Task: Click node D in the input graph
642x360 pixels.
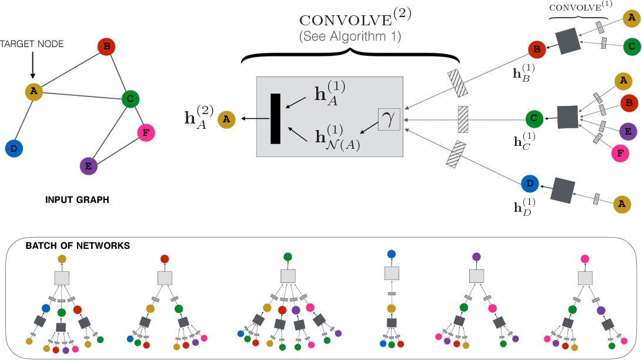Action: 14,149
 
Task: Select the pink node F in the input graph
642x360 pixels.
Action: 146,133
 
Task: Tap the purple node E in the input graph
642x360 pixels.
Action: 88,166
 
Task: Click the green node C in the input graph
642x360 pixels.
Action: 130,99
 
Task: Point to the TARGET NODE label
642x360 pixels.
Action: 32,44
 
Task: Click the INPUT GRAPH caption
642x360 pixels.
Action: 77,200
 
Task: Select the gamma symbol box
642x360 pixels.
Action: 389,119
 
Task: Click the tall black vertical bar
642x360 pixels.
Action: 276,119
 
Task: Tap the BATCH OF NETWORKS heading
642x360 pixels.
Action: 78,246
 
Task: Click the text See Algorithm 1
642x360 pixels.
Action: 350,36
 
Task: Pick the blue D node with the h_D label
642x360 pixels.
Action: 530,184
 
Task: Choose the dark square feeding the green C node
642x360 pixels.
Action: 568,117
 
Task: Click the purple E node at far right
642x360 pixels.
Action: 628,131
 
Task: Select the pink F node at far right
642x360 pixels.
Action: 620,154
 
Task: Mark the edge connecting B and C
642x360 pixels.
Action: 119,73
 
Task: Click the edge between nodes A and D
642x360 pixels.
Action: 24,120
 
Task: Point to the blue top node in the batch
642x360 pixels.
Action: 392,254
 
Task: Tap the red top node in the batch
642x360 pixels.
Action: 165,259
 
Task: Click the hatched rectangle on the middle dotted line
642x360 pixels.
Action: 463,119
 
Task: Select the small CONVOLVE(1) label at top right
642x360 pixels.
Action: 581,7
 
